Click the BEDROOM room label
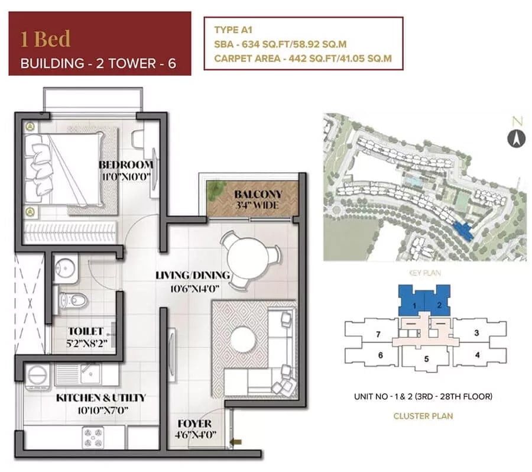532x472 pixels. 126,165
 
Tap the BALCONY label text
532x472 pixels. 258,194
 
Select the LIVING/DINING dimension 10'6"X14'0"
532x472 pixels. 194,289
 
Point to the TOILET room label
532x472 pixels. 86,331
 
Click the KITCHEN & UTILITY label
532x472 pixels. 100,397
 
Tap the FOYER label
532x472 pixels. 194,423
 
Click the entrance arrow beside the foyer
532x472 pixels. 236,442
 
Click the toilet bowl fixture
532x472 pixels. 74,300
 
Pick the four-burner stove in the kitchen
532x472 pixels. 93,437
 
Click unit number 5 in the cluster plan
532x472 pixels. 426,359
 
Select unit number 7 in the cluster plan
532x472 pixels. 378,334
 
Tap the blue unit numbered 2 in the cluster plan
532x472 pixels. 439,305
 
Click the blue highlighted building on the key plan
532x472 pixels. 463,231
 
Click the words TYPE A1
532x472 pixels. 233,30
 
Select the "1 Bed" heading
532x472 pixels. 46,38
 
